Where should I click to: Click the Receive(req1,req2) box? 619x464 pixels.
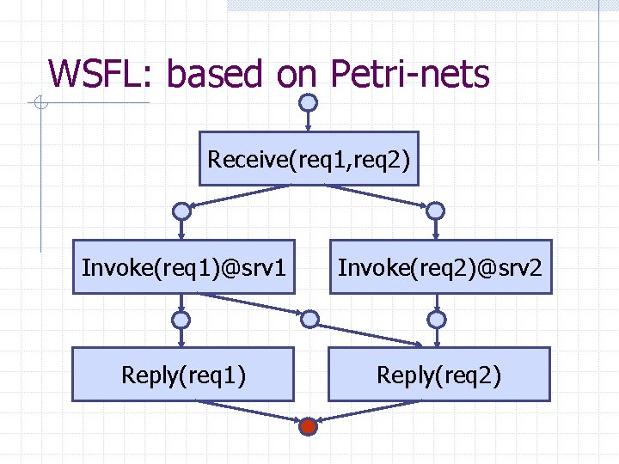(x=309, y=159)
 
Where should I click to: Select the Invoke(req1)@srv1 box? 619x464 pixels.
(x=183, y=267)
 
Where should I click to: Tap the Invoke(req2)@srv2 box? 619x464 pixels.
(x=440, y=267)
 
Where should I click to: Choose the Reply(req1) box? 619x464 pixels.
(x=183, y=375)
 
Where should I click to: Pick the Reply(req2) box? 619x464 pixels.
(x=439, y=375)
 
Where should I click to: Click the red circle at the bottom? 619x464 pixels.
(x=309, y=426)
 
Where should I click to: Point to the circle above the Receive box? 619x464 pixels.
(x=309, y=102)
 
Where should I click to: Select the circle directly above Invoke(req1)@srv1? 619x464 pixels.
(x=181, y=211)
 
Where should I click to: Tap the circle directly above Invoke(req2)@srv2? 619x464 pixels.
(x=436, y=211)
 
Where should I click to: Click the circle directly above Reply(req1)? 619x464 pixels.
(x=181, y=320)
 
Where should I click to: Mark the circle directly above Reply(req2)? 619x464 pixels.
(x=437, y=320)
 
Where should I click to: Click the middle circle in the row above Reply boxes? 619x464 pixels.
(x=309, y=320)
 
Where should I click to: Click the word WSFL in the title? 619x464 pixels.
(x=97, y=74)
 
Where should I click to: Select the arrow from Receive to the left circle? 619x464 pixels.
(x=245, y=196)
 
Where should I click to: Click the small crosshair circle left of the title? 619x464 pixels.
(x=40, y=104)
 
